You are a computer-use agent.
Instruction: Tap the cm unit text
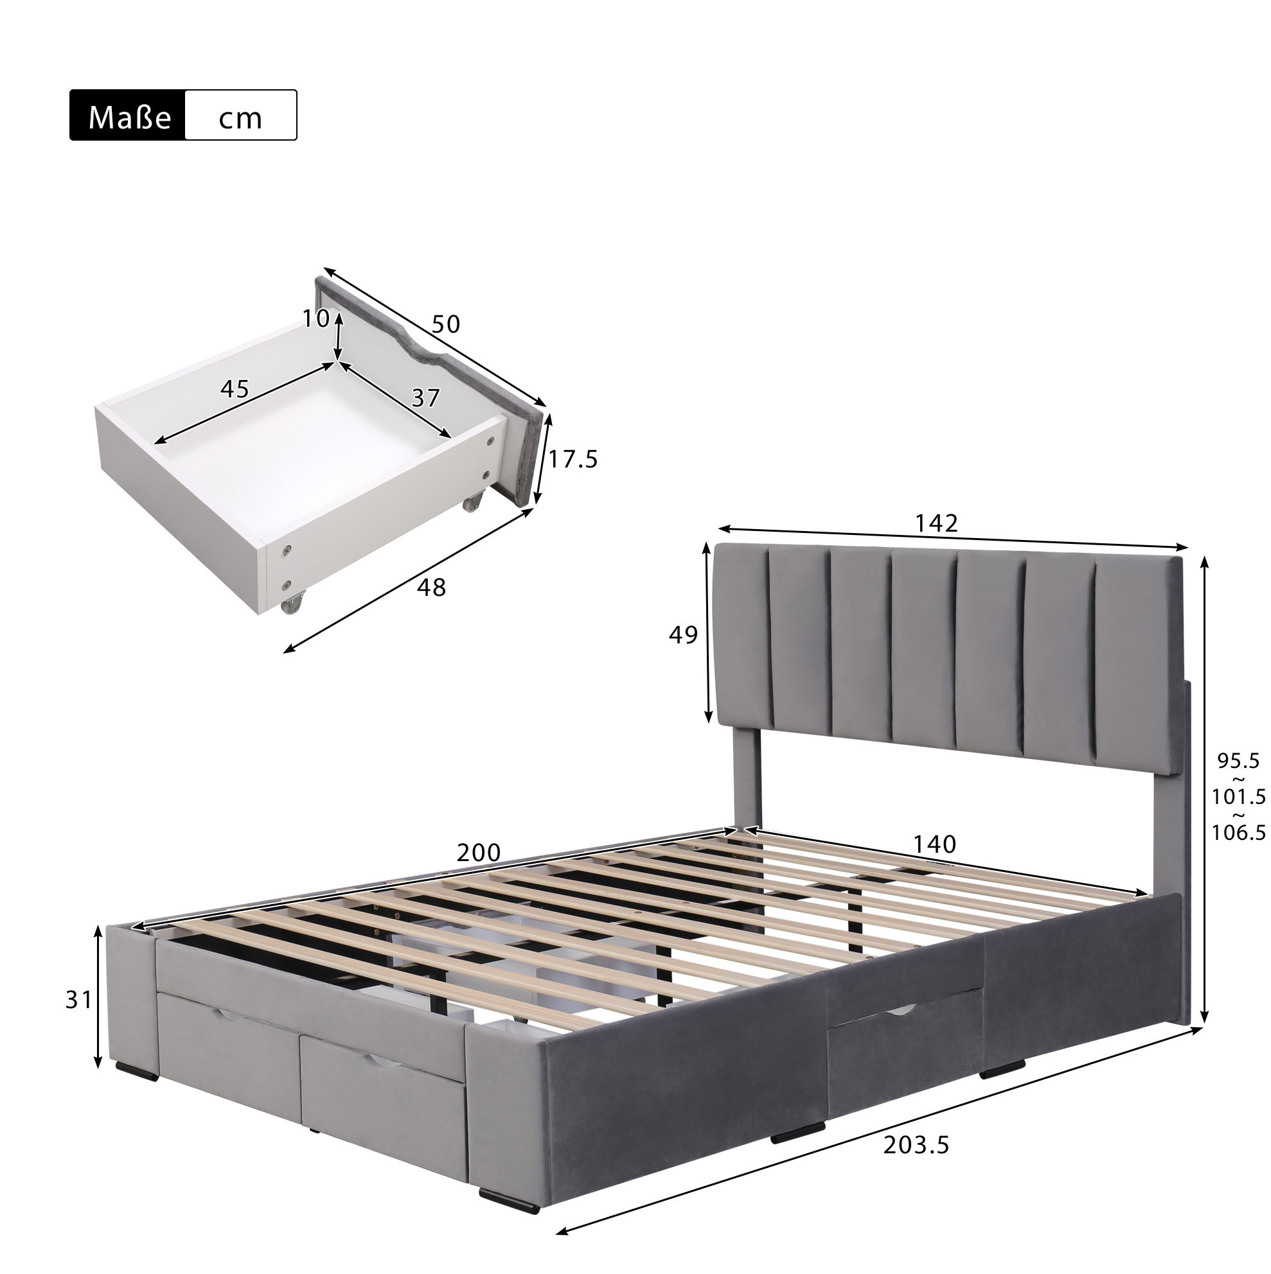[x=240, y=119]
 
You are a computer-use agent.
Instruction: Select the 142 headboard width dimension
[x=936, y=523]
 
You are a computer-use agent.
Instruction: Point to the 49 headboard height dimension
[x=683, y=634]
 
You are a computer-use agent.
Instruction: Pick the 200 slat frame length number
[x=479, y=853]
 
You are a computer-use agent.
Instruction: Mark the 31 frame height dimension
[x=78, y=1000]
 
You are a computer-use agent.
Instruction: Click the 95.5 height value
[x=1238, y=761]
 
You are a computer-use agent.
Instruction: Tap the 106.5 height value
[x=1238, y=832]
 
